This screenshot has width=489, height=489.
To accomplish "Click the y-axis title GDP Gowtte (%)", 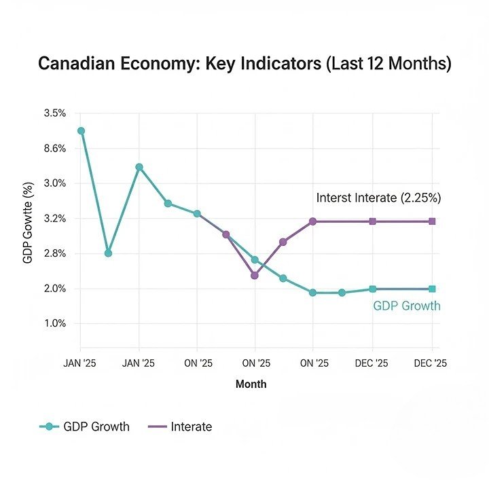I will tap(28, 223).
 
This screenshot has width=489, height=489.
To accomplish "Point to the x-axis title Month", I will tap(251, 384).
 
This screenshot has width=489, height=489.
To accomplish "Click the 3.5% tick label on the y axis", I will tap(54, 113).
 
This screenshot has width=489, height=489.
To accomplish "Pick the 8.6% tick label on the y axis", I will tap(54, 149).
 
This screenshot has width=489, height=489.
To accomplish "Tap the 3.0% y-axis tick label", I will tap(54, 183).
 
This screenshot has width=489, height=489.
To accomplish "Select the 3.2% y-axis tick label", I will tap(54, 219).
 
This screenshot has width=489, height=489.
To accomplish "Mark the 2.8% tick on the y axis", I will tap(54, 254).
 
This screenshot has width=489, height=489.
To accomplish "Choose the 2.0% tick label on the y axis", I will tap(54, 289).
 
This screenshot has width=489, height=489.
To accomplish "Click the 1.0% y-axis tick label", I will tap(54, 324).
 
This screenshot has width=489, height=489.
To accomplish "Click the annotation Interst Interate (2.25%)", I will tap(379, 198).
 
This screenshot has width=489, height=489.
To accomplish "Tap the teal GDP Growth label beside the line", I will tap(406, 306).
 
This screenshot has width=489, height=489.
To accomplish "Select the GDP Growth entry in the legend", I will tap(85, 427).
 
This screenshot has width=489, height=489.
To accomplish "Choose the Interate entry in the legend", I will tap(180, 427).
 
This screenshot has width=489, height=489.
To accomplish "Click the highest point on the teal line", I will tap(81, 130).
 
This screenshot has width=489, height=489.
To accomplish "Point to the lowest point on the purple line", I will tap(255, 275).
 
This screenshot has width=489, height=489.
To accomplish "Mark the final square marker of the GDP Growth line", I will tap(432, 289).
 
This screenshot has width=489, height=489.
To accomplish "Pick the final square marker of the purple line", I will tap(432, 221).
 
